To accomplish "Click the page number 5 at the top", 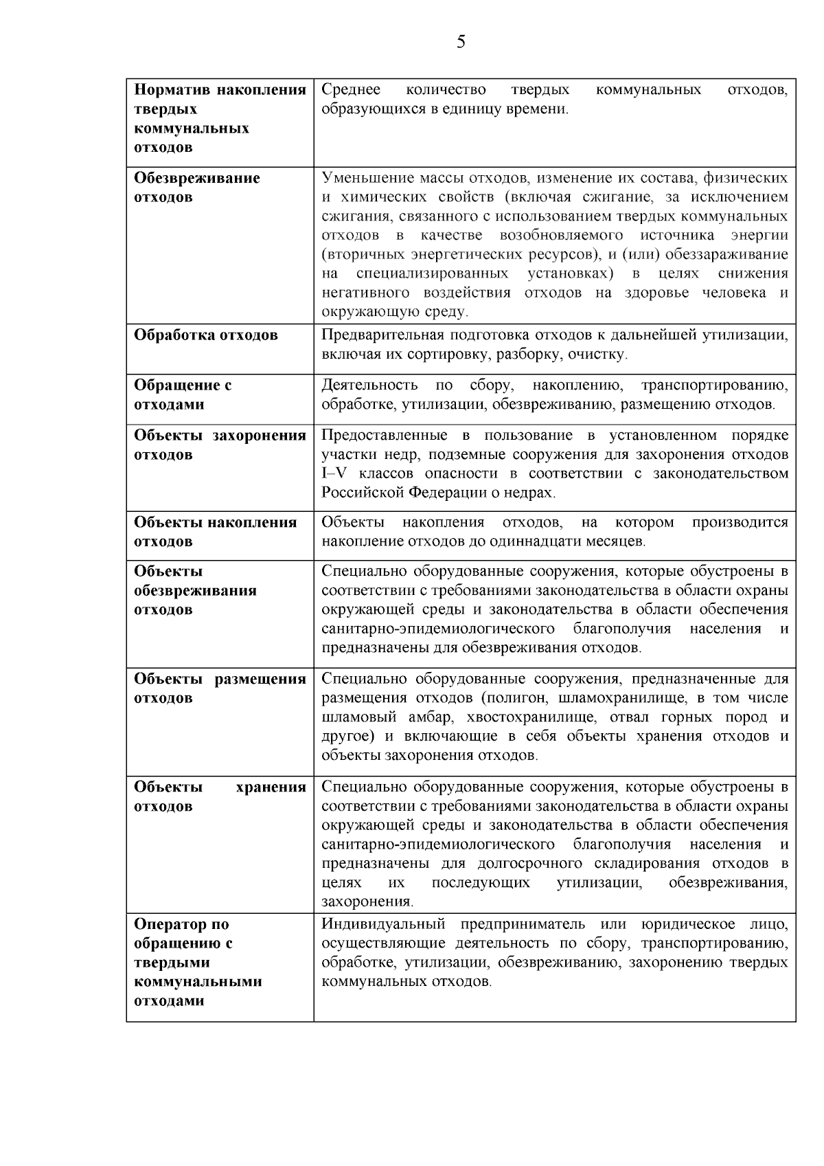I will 461,43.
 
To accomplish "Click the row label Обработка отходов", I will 206,335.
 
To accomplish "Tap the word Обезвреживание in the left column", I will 197,178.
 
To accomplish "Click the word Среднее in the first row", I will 351,90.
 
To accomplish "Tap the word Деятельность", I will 369,385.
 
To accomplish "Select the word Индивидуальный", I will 383,924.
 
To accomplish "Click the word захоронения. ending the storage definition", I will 367,901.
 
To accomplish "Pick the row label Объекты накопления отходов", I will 215,532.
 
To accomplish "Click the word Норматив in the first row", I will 171,90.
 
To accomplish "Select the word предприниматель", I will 523,924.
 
